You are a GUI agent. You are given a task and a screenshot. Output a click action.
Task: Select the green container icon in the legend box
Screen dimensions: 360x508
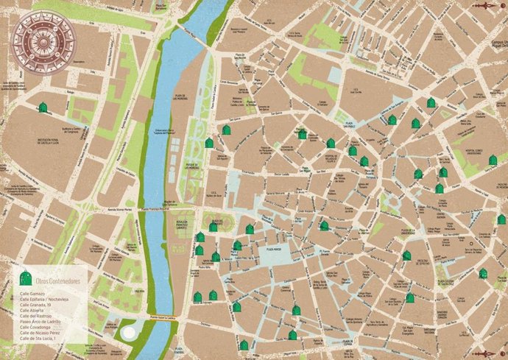point(27,278)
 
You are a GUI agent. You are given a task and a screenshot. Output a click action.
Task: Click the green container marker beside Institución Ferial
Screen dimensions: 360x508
point(43,108)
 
